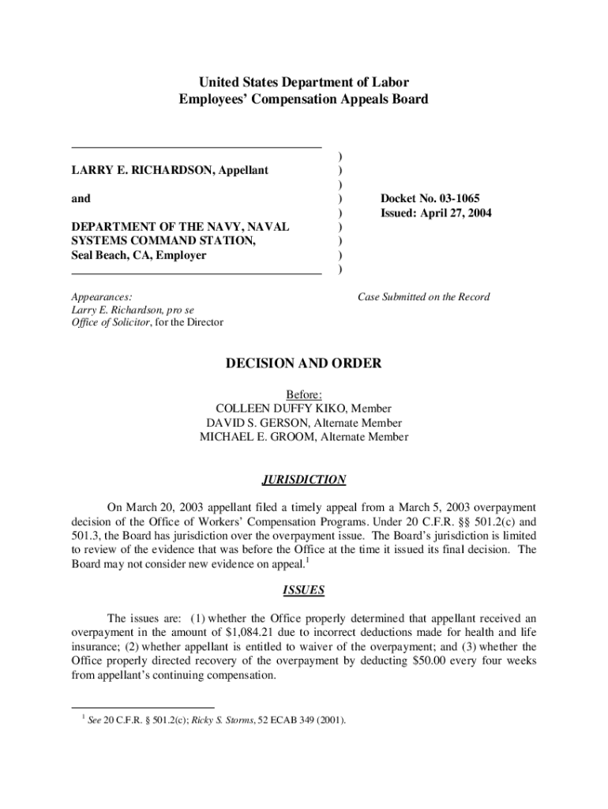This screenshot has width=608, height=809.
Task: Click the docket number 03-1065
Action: point(451,198)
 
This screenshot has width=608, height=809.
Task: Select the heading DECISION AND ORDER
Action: point(304,363)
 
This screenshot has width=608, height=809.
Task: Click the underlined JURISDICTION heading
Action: point(304,480)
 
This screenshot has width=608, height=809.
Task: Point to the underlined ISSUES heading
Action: point(304,590)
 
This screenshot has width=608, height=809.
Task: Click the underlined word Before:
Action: point(304,394)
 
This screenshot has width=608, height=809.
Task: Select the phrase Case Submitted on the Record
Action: point(423,297)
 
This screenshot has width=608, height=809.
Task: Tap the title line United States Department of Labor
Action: point(304,82)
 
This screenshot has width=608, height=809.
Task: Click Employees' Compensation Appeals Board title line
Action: point(304,100)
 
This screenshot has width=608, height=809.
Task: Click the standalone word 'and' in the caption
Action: point(81,198)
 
